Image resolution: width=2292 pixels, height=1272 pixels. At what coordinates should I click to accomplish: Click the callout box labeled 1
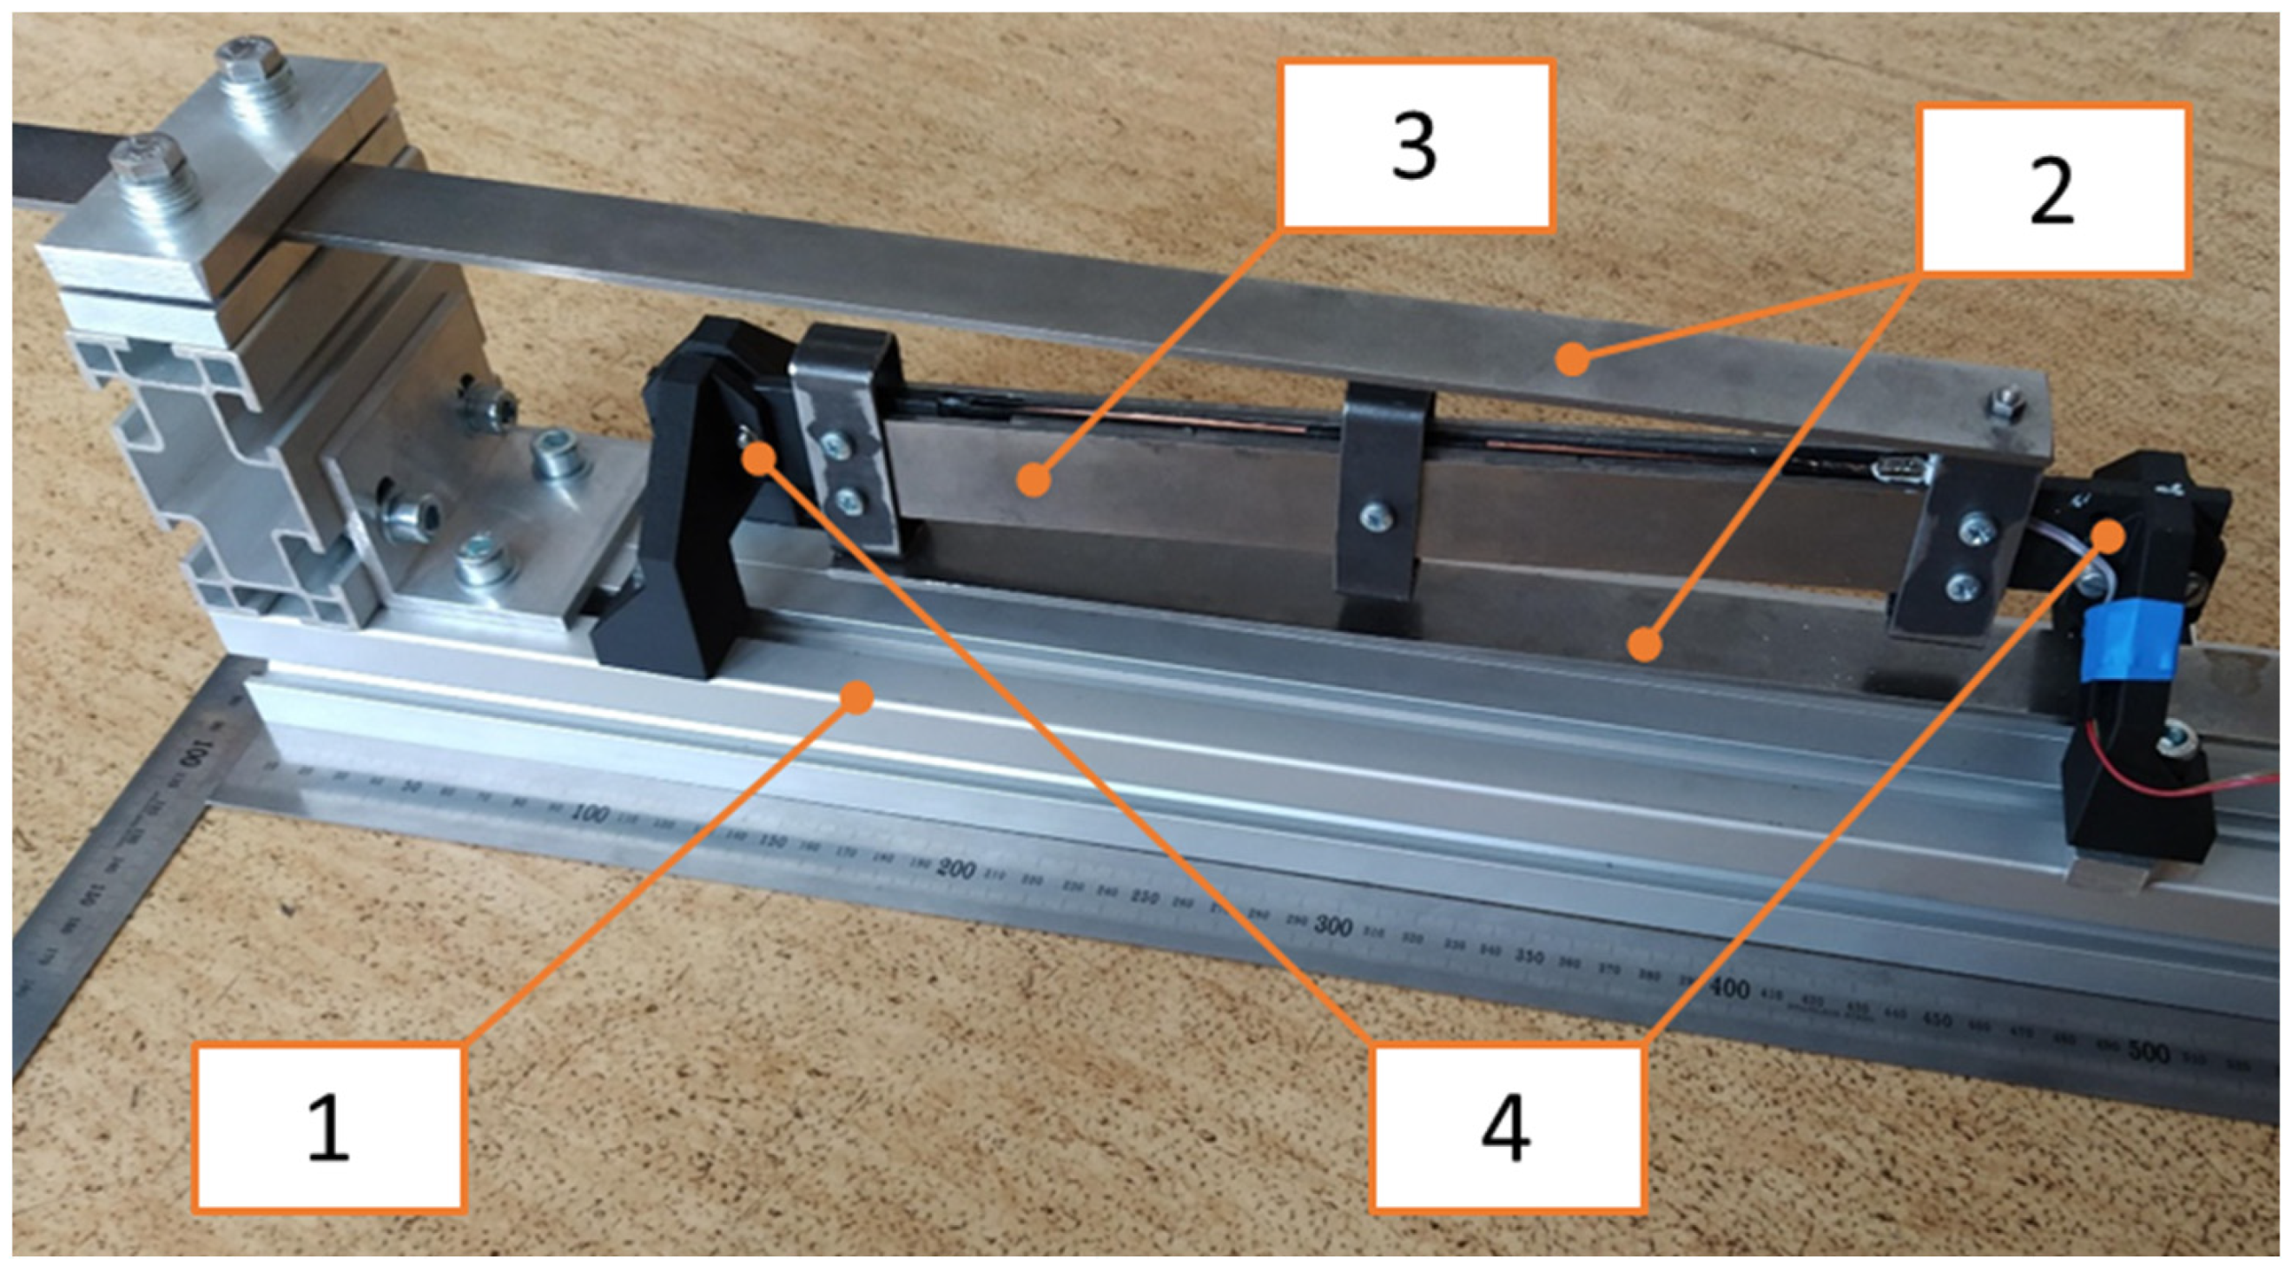328,1127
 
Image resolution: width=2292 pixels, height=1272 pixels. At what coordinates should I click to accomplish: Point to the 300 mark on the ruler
1332,927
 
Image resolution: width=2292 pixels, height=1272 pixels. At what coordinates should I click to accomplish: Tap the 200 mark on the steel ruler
954,869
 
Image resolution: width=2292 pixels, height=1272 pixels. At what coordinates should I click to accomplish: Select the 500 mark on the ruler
2147,1053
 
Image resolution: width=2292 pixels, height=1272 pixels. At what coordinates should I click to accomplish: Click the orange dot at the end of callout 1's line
857,696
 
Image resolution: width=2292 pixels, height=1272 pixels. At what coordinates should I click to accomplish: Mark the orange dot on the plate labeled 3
1032,481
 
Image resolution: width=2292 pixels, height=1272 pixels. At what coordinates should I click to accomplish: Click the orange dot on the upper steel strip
1573,360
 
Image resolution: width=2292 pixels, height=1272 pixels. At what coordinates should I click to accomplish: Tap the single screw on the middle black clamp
1374,513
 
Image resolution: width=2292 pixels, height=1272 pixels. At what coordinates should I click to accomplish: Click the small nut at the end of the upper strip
2005,405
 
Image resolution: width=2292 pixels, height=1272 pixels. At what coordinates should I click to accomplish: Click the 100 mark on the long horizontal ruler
590,813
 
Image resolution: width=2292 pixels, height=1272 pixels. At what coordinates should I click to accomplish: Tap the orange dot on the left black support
759,458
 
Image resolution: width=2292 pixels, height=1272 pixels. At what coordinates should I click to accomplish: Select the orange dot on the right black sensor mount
2108,537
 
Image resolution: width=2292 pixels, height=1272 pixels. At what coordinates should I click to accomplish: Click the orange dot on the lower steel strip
1646,643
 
